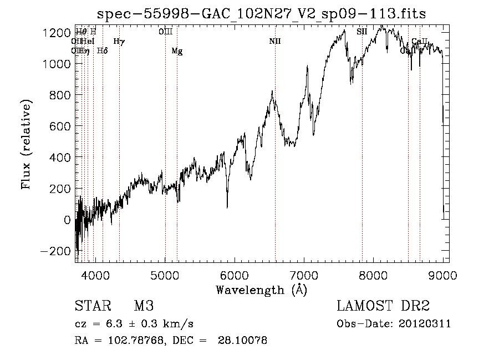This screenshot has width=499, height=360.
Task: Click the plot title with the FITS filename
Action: click(261, 14)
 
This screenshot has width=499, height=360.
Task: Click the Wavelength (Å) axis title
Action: click(261, 290)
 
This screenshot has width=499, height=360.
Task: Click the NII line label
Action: click(275, 42)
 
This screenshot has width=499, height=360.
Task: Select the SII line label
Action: click(361, 32)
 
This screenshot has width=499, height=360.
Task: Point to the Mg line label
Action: click(177, 51)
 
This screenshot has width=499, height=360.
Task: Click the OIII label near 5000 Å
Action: click(165, 32)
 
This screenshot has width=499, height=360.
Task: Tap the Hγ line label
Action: click(119, 42)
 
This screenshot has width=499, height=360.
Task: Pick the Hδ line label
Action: click(102, 51)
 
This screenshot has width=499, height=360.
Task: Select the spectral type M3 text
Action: click(143, 307)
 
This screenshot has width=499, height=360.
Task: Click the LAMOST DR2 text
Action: click(383, 307)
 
